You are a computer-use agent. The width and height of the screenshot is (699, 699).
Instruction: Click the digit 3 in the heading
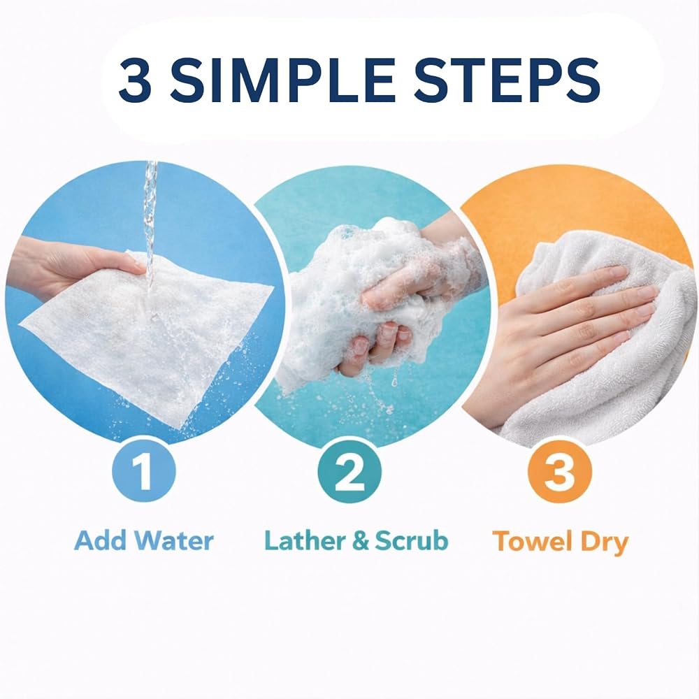pos(135,80)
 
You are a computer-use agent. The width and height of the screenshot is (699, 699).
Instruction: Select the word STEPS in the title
pos(507,80)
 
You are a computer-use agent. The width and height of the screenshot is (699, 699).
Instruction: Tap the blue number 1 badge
pos(144,470)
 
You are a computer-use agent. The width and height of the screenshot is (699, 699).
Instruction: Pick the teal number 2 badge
pos(349,472)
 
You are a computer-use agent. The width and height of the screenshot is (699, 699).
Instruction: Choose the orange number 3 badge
pos(559,472)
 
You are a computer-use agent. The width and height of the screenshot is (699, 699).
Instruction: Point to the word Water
pos(174,540)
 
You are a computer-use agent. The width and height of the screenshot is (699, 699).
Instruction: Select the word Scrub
pos(411,540)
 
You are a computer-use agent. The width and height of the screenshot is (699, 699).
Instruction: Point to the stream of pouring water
pos(150,223)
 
